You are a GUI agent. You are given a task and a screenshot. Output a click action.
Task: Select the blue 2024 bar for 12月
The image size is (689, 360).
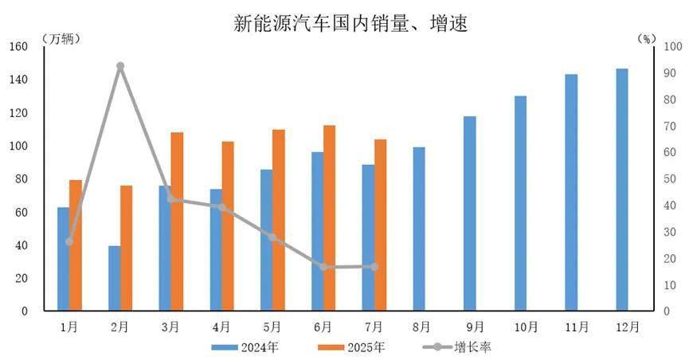[x=622, y=190]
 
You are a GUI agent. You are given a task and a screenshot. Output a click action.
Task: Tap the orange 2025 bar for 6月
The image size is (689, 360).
[x=330, y=217]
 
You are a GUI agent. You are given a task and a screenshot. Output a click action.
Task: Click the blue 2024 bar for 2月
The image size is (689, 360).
[x=115, y=278]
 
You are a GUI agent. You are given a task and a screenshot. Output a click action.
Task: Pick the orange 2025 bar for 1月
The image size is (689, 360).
[x=76, y=245]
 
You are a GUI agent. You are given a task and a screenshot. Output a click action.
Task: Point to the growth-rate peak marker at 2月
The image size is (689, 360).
[x=120, y=66]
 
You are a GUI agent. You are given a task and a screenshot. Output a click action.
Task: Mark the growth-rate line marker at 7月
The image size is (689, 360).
[x=374, y=266]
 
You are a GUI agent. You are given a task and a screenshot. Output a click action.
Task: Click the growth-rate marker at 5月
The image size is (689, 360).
[x=272, y=237]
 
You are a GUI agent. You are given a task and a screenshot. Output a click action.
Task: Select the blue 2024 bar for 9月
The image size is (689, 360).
[x=470, y=213]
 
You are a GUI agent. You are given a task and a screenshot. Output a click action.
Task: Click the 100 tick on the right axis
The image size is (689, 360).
[x=671, y=47]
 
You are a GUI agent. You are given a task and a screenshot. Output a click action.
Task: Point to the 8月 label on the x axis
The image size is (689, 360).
[x=422, y=327]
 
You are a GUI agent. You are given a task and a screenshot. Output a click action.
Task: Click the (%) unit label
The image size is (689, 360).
[x=647, y=37]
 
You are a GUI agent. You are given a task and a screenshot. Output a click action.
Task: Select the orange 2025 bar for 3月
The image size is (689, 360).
[x=178, y=221]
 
